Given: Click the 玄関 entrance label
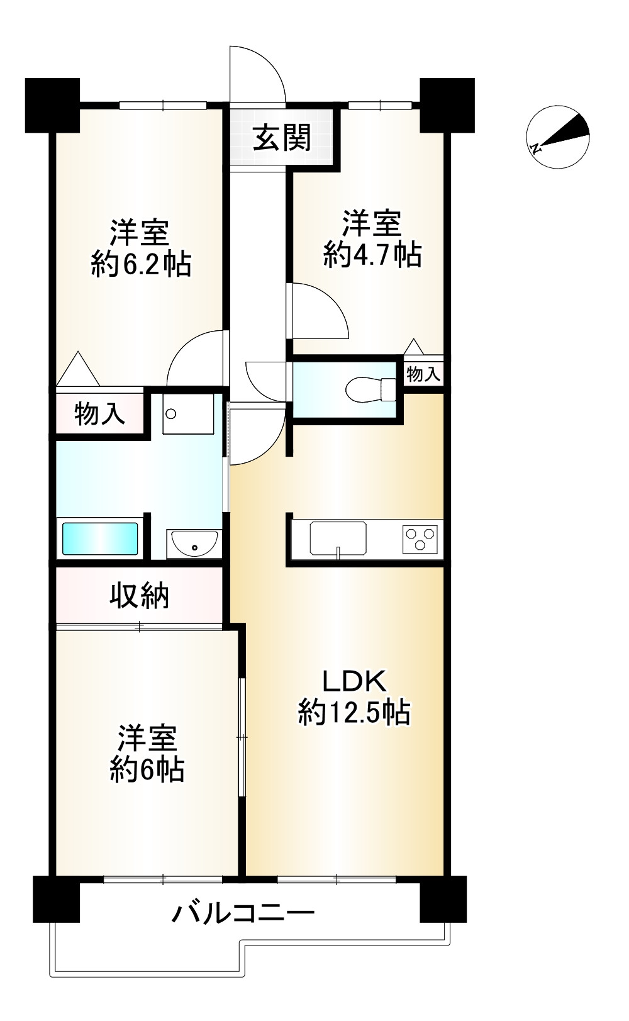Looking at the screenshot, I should click(282, 138).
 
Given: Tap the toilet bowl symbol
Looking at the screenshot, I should click(370, 388).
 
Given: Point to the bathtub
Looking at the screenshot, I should click(99, 538).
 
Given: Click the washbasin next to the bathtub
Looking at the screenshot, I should click(192, 542).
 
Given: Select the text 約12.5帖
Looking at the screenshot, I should click(354, 713).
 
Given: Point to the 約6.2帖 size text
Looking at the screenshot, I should click(141, 264).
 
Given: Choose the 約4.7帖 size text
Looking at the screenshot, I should click(372, 254).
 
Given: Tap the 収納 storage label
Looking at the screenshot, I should click(140, 596).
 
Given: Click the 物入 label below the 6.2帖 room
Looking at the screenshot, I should click(99, 414).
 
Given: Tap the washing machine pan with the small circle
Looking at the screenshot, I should click(187, 413).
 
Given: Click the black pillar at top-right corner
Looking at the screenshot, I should click(447, 104).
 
